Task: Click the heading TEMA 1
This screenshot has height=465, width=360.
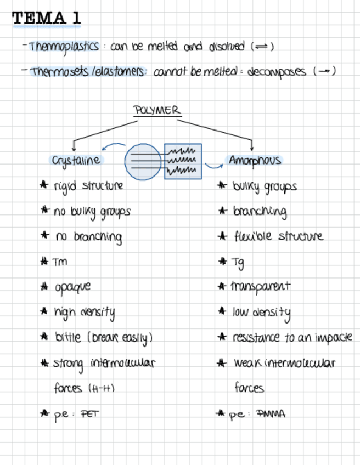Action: click(47, 18)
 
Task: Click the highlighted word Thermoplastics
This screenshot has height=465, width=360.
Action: click(64, 47)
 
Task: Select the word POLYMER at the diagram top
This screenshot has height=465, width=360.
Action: click(157, 110)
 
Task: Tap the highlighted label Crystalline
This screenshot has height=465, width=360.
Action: click(76, 160)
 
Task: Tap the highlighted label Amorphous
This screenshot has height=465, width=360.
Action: click(255, 160)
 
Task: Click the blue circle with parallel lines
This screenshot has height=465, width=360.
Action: click(143, 161)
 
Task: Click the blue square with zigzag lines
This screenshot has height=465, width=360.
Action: click(183, 161)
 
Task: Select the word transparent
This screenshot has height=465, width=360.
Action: click(260, 286)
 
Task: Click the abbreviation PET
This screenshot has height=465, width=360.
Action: click(89, 414)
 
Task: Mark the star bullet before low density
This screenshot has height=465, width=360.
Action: click(222, 311)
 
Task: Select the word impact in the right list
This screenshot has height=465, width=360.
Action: click(334, 338)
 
